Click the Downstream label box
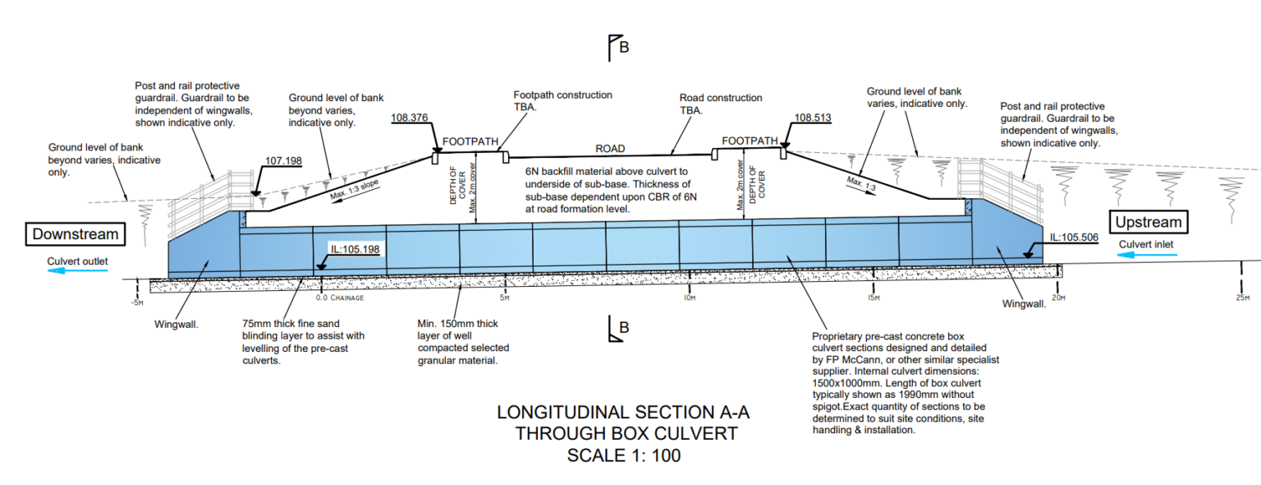coord(75,234)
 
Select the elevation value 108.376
coord(410,118)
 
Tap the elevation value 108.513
coord(813,118)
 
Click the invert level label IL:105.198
coord(355,248)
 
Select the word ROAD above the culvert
coord(609,149)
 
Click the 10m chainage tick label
coord(690,297)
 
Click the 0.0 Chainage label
coord(339,298)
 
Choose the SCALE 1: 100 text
coord(624,455)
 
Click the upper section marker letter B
coord(624,47)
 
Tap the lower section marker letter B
coord(624,328)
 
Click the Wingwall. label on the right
coord(1024,303)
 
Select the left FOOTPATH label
coord(470,141)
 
